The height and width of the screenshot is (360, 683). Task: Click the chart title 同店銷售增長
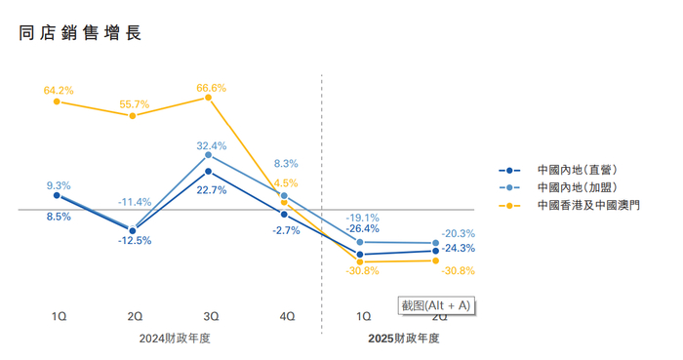coord(80,33)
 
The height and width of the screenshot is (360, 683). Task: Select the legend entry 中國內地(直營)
coord(577,170)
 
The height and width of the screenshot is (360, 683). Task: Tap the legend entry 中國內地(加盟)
coord(577,187)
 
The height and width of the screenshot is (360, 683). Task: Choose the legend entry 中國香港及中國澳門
coord(588,205)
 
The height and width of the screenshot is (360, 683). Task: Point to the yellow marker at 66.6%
coord(209,98)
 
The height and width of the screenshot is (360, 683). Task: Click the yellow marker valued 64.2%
coord(58,100)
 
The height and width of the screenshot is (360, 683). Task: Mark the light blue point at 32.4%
coord(209,155)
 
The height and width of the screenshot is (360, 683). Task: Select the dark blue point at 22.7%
coord(209,171)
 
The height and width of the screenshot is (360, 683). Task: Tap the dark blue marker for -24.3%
coord(435,251)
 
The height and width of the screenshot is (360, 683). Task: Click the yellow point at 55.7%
coord(133,115)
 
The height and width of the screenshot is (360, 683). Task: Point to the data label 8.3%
coord(286,164)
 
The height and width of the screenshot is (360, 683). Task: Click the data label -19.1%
coord(364,218)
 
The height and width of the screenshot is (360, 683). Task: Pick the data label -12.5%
coord(135,240)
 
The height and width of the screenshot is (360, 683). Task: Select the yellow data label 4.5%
coord(286,183)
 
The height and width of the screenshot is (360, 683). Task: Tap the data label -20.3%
coord(458,233)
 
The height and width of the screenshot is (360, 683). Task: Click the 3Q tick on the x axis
coord(210,315)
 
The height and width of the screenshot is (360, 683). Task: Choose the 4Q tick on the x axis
coord(286,315)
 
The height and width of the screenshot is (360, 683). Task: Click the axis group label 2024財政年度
coord(174,339)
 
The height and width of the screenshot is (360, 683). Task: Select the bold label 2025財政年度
coord(403,339)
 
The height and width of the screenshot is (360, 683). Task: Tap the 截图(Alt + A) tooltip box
coord(436,305)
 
